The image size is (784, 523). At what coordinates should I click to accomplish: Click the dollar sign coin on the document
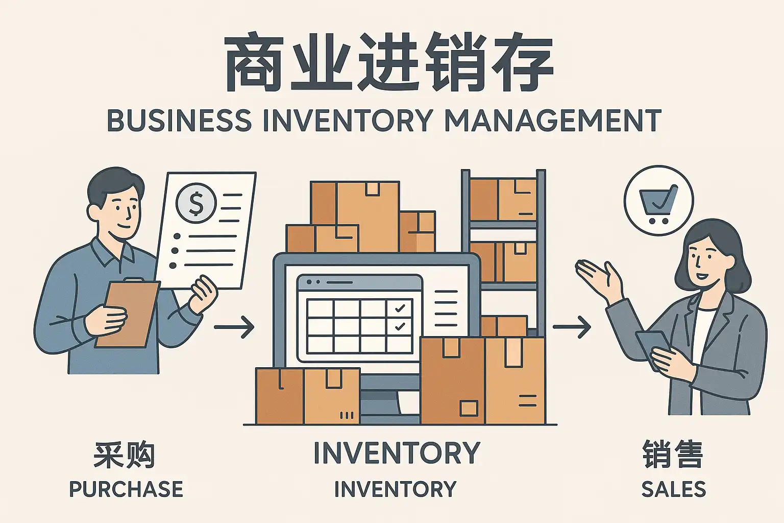pos(196,203)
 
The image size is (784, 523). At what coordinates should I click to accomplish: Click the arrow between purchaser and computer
pos(234,327)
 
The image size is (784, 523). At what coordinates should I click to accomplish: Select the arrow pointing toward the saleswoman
pos(572,327)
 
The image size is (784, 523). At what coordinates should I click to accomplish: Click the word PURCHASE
pos(127,489)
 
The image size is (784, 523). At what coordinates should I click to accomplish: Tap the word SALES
pos(673,489)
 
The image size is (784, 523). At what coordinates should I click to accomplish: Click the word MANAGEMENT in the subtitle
pos(553,120)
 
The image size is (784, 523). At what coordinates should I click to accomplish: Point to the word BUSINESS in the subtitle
pos(179,120)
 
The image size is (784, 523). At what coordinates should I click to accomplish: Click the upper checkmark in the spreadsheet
pos(399,308)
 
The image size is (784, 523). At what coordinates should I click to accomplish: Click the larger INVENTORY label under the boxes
pos(397,453)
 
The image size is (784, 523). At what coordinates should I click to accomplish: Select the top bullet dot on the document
pos(177,236)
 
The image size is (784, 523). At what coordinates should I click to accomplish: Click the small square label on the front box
pos(469,409)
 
